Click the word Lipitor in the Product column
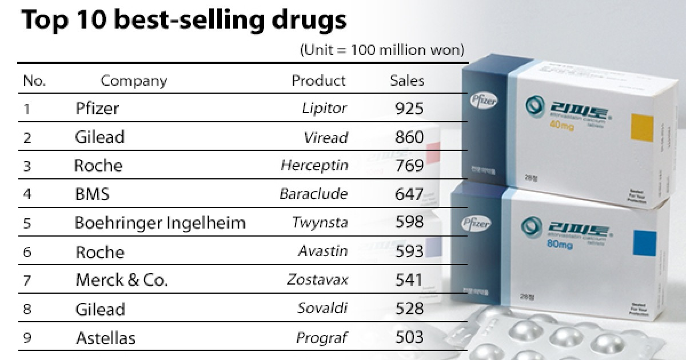[x=324, y=108]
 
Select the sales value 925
[x=409, y=108]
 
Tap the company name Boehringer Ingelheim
[x=160, y=223]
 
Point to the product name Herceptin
[x=314, y=165]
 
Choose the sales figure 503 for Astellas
[x=409, y=337]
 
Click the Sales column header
[x=407, y=81]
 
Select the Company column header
[x=134, y=81]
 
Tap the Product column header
[x=318, y=81]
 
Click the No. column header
[x=34, y=81]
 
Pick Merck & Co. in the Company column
[x=121, y=280]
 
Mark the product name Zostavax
[x=317, y=280]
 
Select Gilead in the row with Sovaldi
[x=99, y=309]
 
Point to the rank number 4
[x=27, y=194]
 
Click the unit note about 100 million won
[x=382, y=50]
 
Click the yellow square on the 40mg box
[x=641, y=125]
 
